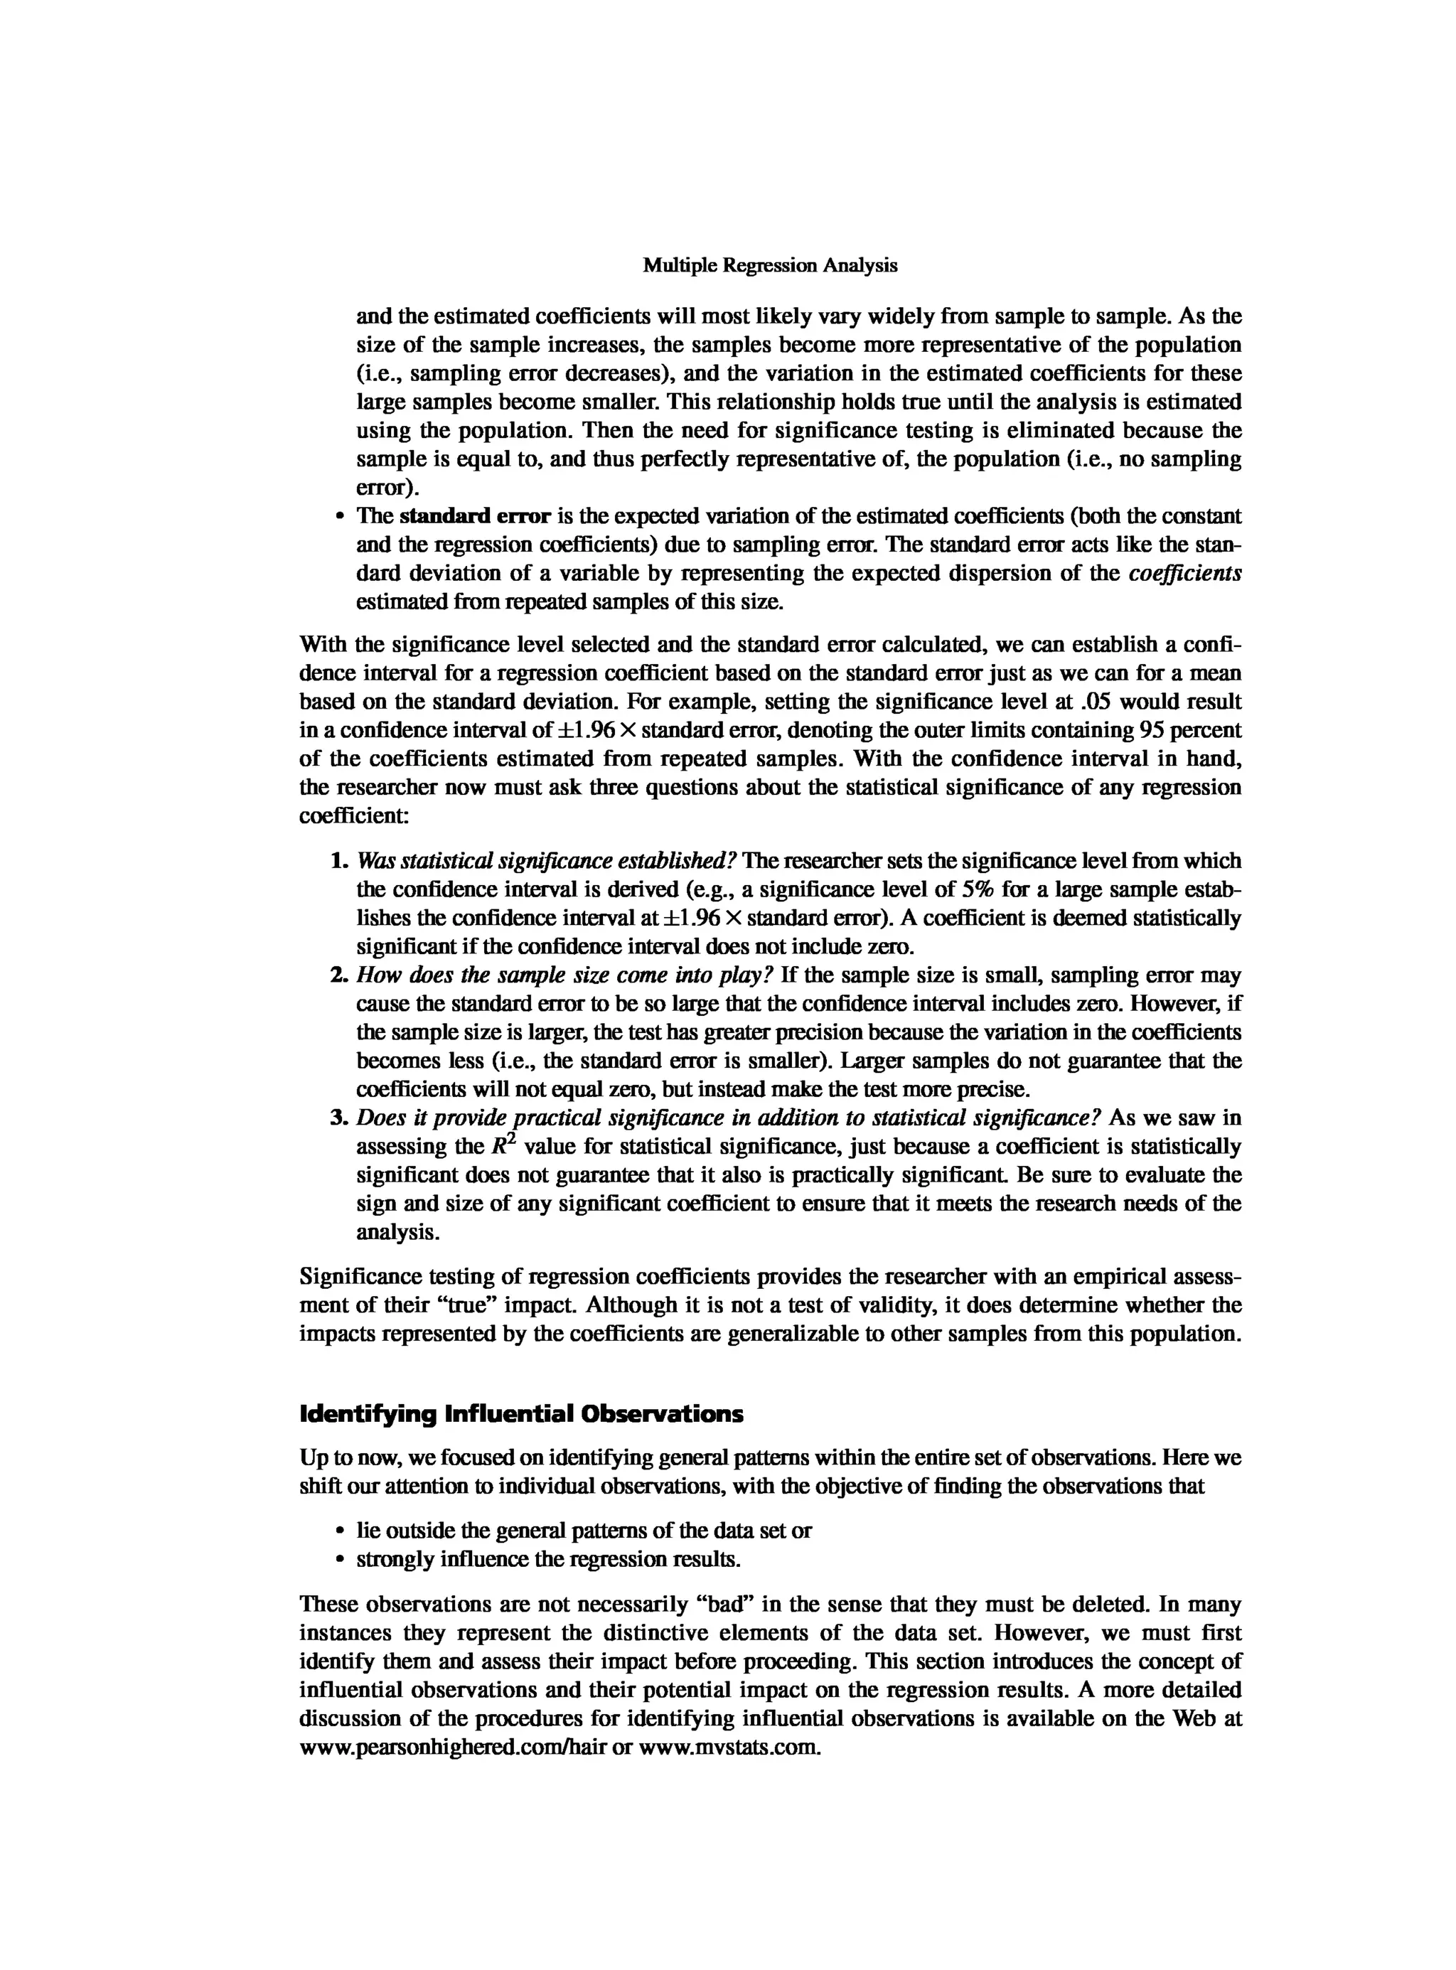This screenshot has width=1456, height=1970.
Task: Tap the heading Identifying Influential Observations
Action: tap(521, 1415)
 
